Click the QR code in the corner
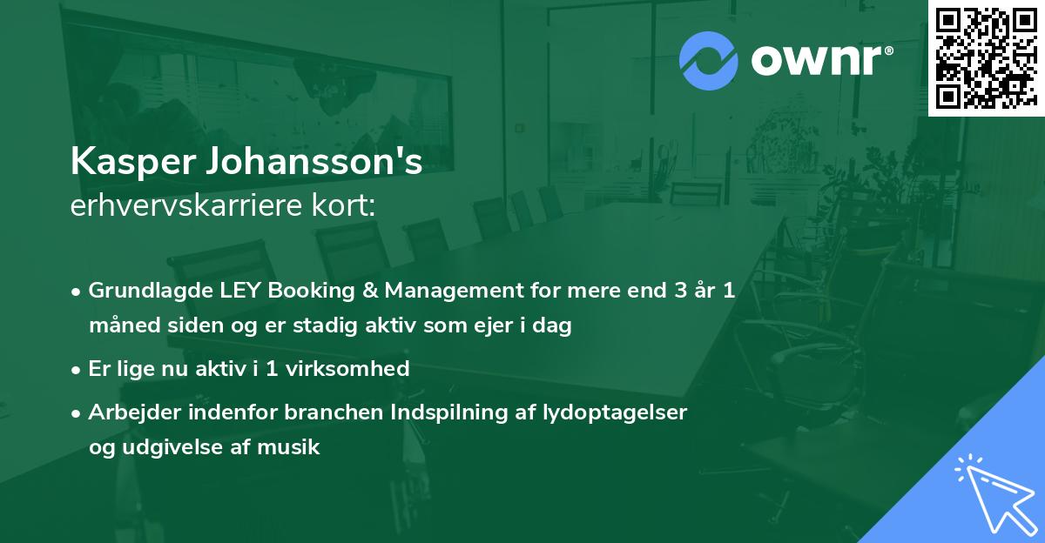coord(986,58)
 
